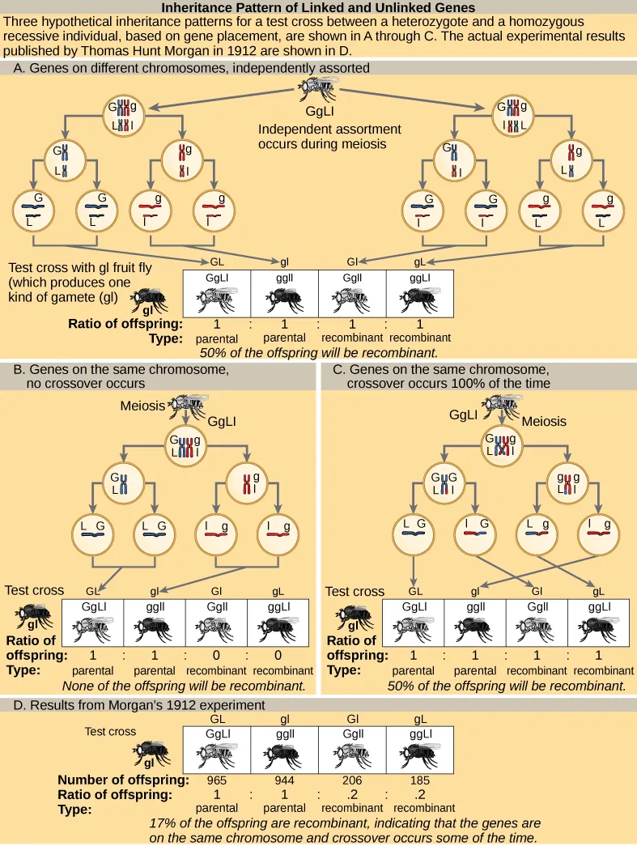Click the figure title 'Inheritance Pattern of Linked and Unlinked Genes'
pyautogui.click(x=318, y=8)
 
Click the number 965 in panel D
pyautogui.click(x=218, y=780)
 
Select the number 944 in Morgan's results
pyautogui.click(x=284, y=780)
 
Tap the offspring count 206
pyautogui.click(x=353, y=780)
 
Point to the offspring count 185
pyautogui.click(x=419, y=780)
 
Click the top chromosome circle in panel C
pyautogui.click(x=505, y=444)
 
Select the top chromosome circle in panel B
pyautogui.click(x=187, y=444)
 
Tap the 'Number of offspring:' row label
pyautogui.click(x=123, y=780)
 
